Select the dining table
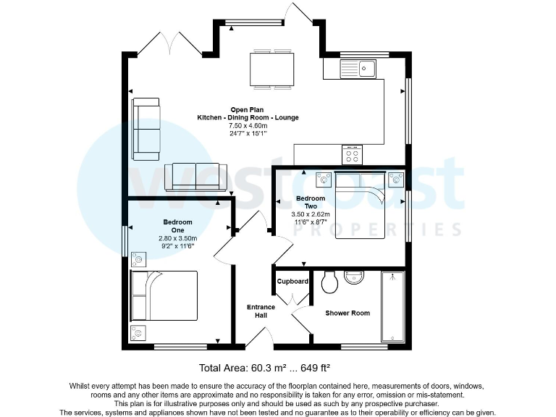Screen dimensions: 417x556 (x=271, y=69)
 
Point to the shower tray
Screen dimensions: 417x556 (x=394, y=306)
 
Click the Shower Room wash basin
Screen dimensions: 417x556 (x=357, y=277)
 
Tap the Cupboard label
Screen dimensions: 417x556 (x=293, y=282)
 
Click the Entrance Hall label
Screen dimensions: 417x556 (x=257, y=311)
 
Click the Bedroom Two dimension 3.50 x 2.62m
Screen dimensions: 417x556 (x=311, y=214)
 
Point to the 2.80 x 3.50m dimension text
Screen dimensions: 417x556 (x=177, y=238)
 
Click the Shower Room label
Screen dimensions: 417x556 (x=347, y=313)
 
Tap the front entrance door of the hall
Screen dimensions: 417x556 (x=257, y=336)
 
